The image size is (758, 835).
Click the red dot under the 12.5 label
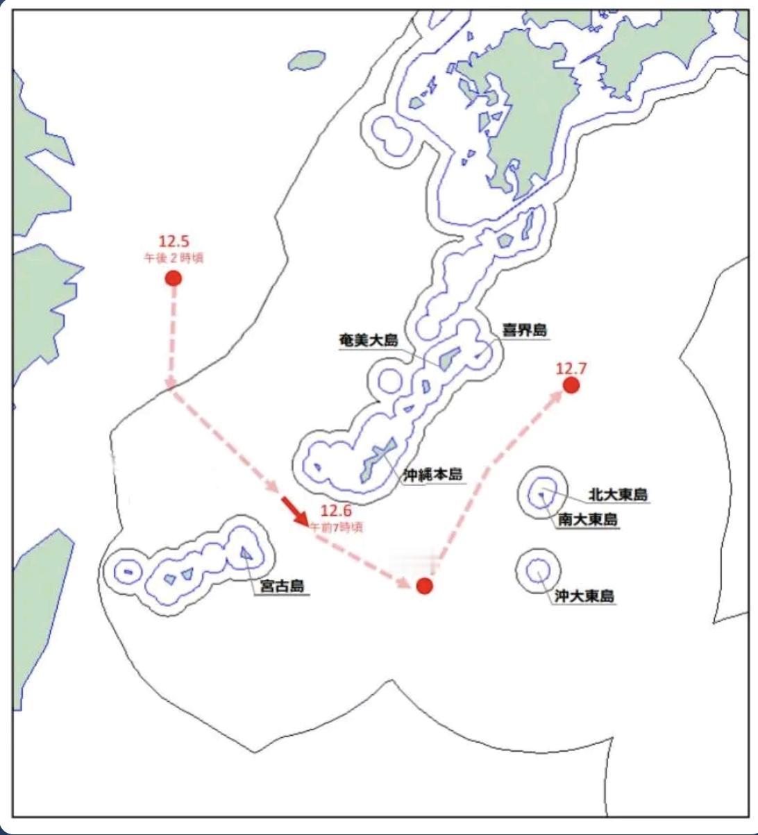[x=173, y=278]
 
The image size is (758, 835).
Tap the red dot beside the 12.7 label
[x=571, y=385]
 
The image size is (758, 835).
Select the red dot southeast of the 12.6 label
[x=425, y=586]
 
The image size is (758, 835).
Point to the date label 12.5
[x=173, y=242]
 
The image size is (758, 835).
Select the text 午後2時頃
[x=173, y=257]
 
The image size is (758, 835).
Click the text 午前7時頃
[x=336, y=527]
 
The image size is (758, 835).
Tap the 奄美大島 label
[x=368, y=340]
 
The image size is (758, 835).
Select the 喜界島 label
[x=524, y=330]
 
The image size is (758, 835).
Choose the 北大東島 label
[x=618, y=495]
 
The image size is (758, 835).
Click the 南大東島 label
[x=587, y=519]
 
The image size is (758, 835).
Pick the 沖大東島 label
[x=584, y=596]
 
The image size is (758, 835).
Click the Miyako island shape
[x=245, y=553]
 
